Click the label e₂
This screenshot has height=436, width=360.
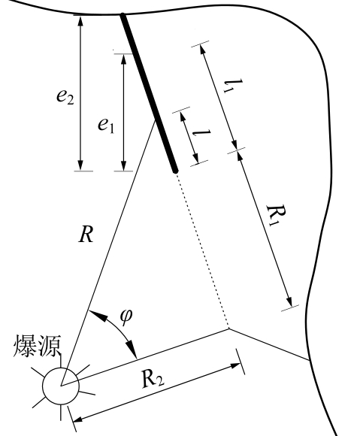pos(65,97)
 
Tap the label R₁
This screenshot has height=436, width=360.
pos(276,214)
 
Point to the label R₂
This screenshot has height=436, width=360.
pos(153,379)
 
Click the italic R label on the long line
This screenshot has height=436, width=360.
pos(86,235)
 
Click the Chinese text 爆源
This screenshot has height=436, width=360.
pos(37,345)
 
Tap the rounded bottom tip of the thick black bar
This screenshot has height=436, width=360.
pos(175,171)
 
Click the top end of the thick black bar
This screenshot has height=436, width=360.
pos(123,15)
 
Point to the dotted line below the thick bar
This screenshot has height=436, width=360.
pos(201,250)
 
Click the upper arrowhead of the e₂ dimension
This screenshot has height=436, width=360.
pos(80,20)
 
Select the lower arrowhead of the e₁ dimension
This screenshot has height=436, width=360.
pos(124,165)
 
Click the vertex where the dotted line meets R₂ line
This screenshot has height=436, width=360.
pos(229,329)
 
